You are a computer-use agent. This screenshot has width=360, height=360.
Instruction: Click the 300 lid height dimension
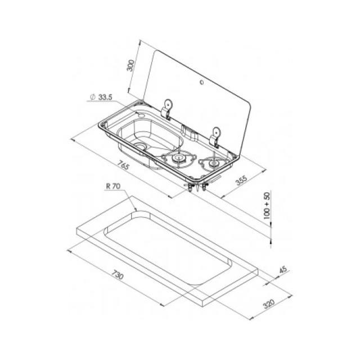coord(130,65)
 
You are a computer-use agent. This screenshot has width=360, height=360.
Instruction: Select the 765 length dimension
coord(123,165)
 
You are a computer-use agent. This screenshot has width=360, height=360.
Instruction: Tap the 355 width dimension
coord(241,180)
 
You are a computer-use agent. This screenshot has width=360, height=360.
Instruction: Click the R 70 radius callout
coord(113,186)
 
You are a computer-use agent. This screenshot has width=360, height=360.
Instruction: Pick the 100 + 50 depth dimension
coord(267,205)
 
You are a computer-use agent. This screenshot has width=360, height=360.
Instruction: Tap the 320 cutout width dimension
coord(269,304)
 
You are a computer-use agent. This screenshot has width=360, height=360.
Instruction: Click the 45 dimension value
coord(283,270)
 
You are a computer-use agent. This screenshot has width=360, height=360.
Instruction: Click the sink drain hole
coord(139,146)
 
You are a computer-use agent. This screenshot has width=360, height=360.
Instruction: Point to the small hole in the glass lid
coord(202,82)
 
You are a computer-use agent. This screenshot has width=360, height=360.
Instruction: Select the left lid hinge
coord(166,109)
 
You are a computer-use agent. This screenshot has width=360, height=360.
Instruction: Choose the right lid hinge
coord(215,137)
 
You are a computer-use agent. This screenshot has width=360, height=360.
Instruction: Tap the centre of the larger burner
coord(178,157)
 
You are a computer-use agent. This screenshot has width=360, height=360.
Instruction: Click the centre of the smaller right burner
coord(214,163)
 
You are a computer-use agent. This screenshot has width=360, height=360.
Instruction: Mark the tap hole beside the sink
coord(140,114)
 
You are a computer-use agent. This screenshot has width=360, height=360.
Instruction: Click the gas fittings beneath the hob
coord(196,186)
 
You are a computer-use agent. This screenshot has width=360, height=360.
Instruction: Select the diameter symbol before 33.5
coord(93,97)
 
